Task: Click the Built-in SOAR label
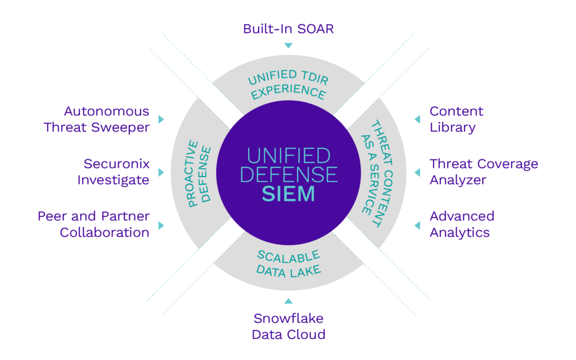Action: coord(288,29)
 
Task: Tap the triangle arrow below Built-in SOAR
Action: coord(288,46)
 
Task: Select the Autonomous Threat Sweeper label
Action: coord(97,119)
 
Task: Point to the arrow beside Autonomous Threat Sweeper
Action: coord(161,119)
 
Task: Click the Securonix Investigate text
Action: coord(116,172)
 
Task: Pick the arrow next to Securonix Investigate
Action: coord(161,172)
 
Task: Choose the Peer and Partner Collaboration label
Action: coord(93,224)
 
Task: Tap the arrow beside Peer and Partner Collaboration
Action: coord(161,225)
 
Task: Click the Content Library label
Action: coord(456,119)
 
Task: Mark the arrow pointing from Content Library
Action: coord(417,119)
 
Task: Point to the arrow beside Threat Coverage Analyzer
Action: coord(417,172)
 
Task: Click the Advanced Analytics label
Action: coord(462,224)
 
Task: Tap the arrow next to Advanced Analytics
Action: coord(417,225)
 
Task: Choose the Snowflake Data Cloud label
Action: coord(288,327)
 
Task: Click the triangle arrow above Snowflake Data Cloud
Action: coord(288,301)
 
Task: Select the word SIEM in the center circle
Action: coord(288,194)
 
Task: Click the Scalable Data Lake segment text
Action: coord(289,263)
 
